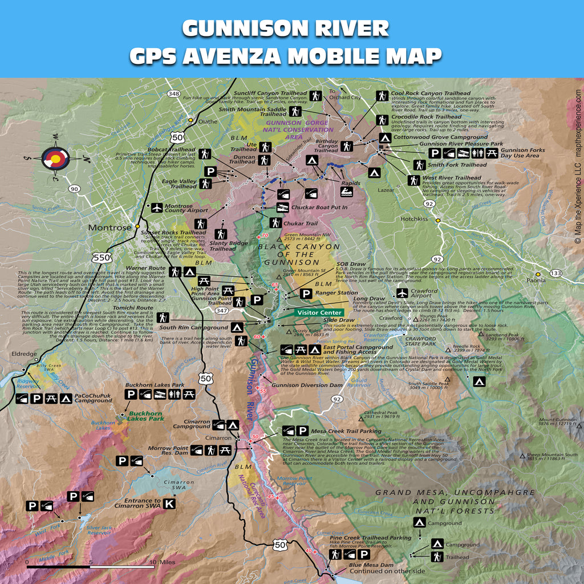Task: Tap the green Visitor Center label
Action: click(x=319, y=313)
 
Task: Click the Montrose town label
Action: click(x=109, y=228)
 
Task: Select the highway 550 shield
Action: click(x=102, y=258)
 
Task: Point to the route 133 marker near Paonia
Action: click(x=556, y=273)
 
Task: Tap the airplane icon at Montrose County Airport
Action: click(x=157, y=208)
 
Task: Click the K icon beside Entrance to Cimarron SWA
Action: click(x=169, y=504)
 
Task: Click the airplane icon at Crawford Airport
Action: click(x=403, y=293)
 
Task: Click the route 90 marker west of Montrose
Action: click(x=73, y=188)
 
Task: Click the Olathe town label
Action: click(x=208, y=121)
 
